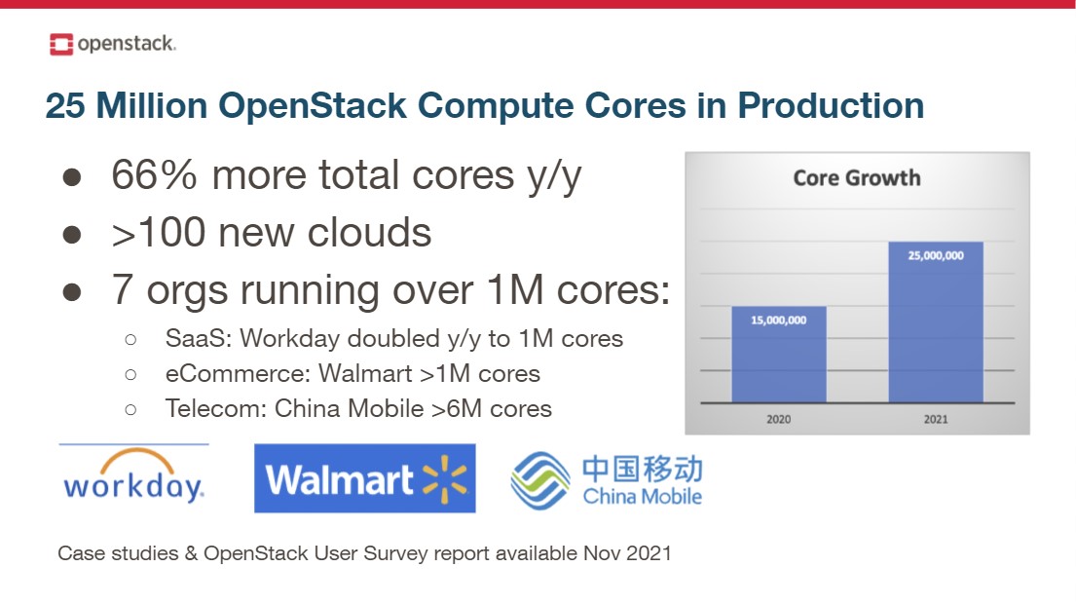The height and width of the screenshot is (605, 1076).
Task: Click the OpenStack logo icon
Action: [61, 44]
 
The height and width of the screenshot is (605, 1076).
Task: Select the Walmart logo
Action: [365, 478]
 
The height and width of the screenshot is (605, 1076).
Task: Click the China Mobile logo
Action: [607, 479]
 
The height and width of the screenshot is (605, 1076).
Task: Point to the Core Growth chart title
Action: [856, 177]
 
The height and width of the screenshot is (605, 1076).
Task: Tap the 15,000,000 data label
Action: [778, 320]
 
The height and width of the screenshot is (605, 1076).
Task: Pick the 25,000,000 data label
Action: [936, 255]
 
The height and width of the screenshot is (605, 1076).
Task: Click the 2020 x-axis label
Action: [778, 420]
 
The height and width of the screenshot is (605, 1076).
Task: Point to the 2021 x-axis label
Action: [936, 420]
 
